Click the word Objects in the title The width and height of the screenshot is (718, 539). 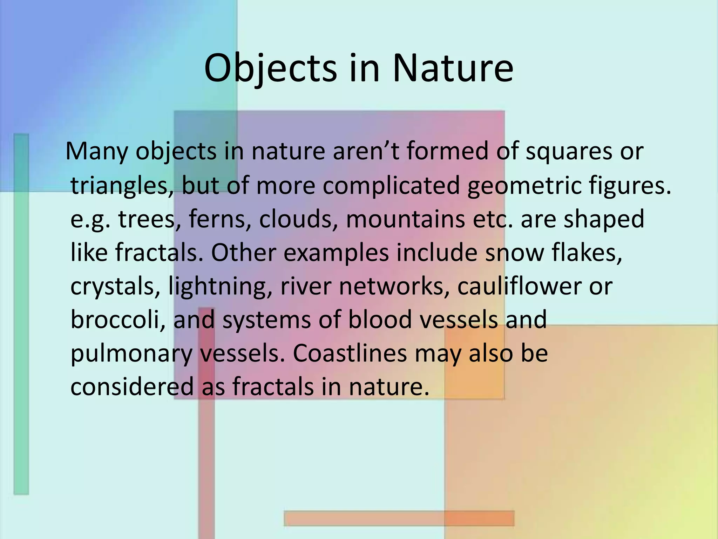[x=270, y=69]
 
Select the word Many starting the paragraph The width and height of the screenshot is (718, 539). [x=97, y=152]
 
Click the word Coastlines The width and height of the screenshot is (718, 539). [x=350, y=353]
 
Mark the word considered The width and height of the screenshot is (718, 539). [x=132, y=386]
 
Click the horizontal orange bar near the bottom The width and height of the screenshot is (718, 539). [x=399, y=518]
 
